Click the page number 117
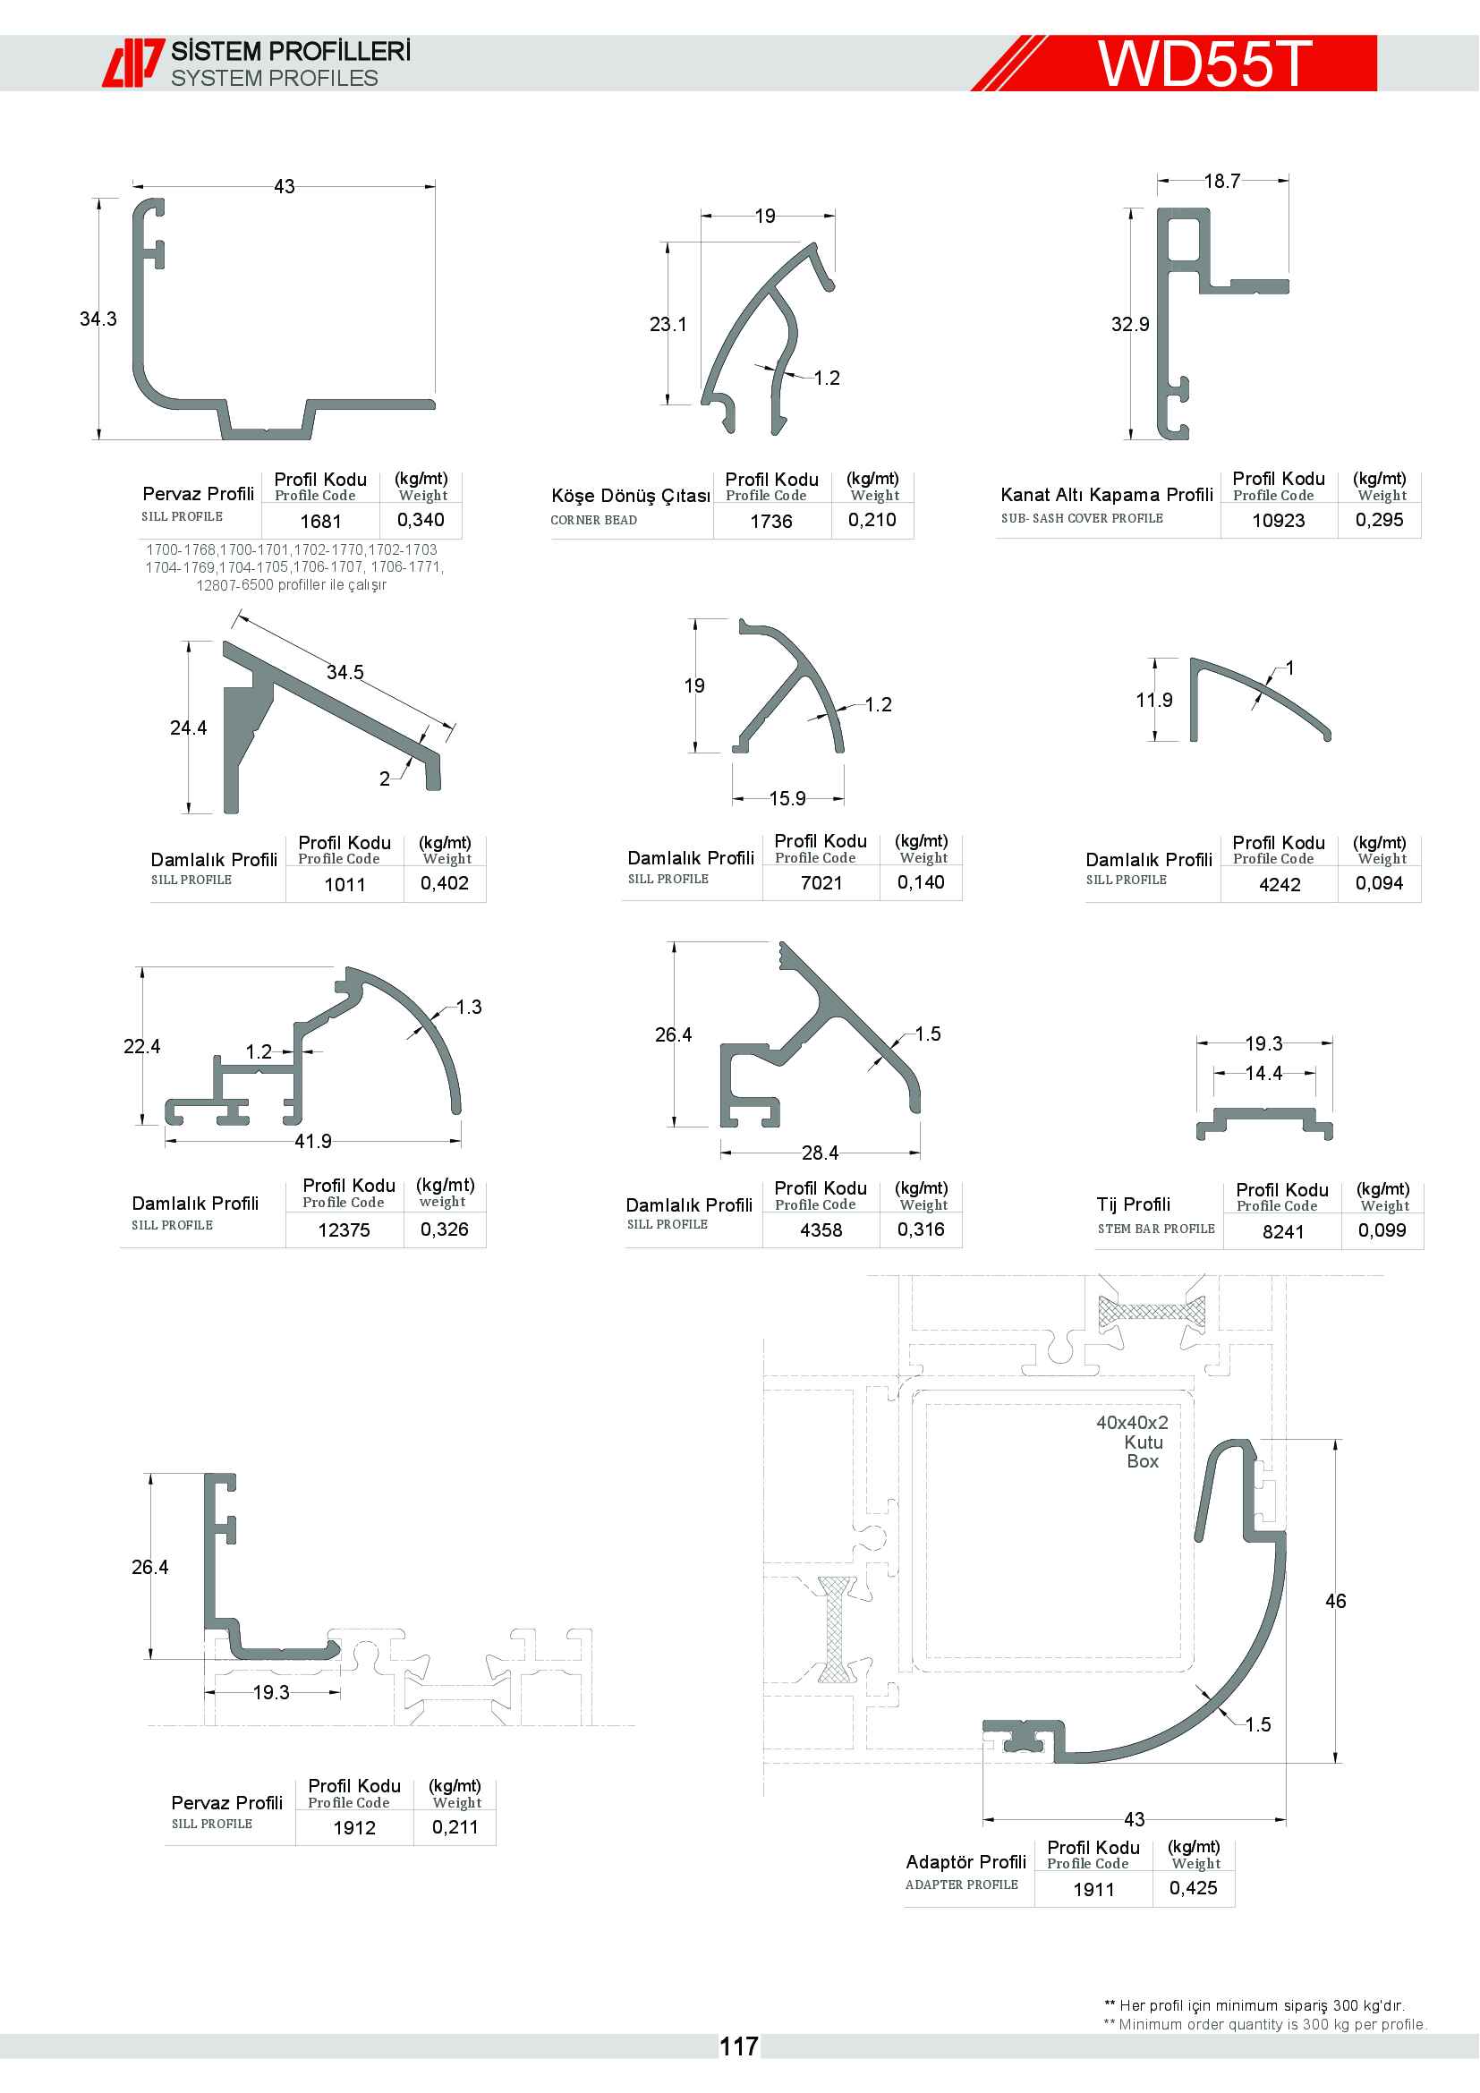[x=738, y=2046]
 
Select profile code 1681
[x=321, y=522]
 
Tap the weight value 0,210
[x=872, y=520]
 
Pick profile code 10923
[x=1279, y=521]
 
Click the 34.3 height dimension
[x=98, y=319]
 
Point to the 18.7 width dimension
[x=1222, y=181]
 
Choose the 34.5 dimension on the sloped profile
[x=345, y=672]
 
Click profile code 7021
[x=821, y=882]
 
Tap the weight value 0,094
[x=1379, y=882]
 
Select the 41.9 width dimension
[x=312, y=1140]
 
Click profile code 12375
[x=344, y=1229]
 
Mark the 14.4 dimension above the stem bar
[x=1264, y=1073]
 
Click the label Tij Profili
[x=1134, y=1204]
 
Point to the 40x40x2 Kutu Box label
[x=1133, y=1442]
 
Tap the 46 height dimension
[x=1335, y=1601]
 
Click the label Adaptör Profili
[x=966, y=1861]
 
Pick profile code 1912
[x=354, y=1828]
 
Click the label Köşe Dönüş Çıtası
[x=631, y=495]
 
